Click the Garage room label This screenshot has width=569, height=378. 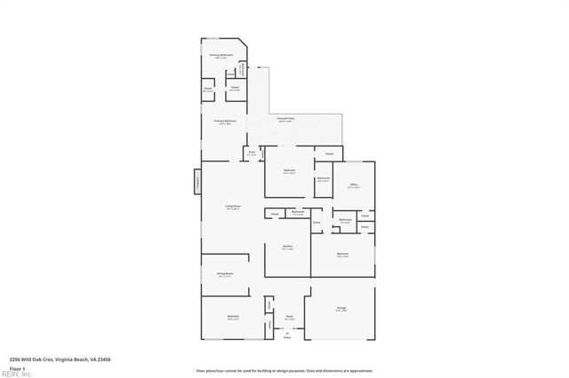[x=341, y=310]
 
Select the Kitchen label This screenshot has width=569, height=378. [x=287, y=248]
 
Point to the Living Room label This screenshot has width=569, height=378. [x=233, y=207]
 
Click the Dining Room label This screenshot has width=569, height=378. [x=225, y=274]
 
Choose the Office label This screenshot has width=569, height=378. [x=353, y=185]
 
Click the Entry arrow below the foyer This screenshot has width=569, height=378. [x=286, y=334]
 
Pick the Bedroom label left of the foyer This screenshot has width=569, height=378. [x=232, y=317]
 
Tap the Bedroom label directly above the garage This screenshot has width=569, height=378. [x=342, y=255]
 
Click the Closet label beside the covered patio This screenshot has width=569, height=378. [x=328, y=154]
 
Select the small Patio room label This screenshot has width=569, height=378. [x=252, y=154]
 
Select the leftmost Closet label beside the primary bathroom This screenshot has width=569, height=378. [x=208, y=89]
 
